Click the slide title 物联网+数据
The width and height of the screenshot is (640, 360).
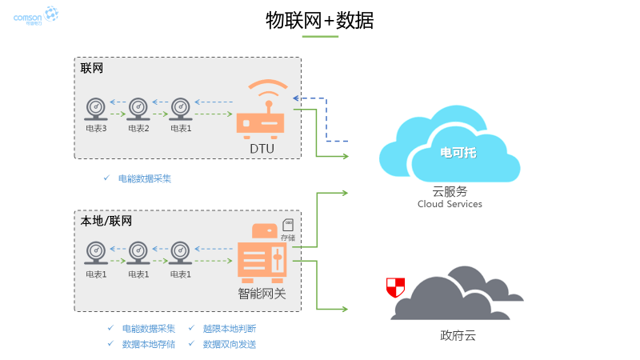click(319, 20)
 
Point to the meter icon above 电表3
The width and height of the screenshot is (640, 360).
click(96, 109)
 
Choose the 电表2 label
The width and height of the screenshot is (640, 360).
click(138, 128)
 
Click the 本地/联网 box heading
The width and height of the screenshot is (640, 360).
click(106, 221)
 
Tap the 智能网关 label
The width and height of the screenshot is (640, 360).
click(262, 294)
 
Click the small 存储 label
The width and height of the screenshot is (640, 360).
click(287, 238)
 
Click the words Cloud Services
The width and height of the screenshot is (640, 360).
click(450, 204)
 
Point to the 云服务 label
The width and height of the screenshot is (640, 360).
click(450, 191)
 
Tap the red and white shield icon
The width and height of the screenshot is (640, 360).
click(395, 286)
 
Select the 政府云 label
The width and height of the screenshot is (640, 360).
click(458, 335)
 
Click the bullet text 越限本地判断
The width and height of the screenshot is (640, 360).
click(230, 328)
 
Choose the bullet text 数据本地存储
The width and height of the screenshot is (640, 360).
click(148, 344)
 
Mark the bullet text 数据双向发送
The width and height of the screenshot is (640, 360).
click(230, 344)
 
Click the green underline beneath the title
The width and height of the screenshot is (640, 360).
click(319, 37)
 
